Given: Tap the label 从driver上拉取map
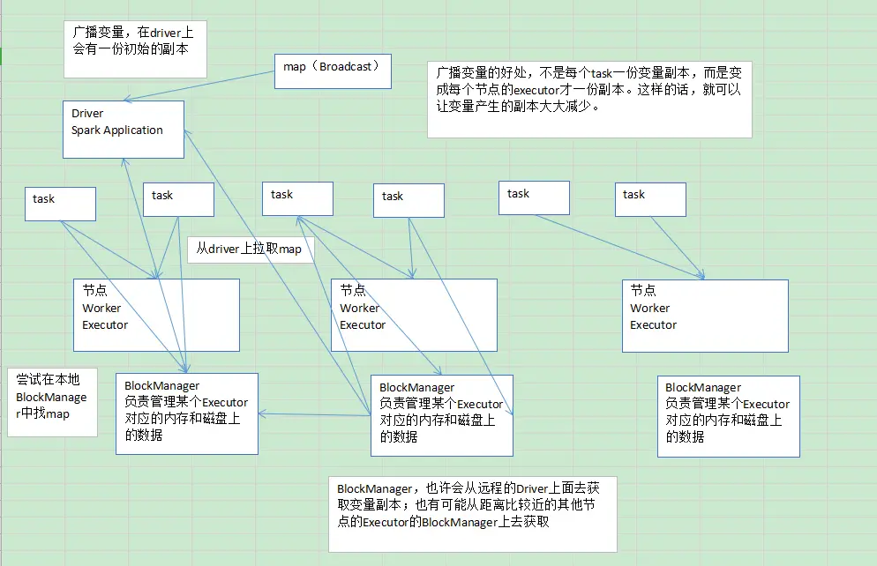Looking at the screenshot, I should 249,249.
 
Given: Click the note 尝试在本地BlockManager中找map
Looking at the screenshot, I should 52,401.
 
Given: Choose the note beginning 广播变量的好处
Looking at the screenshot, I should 588,99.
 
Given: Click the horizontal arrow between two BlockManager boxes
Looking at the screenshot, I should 314,415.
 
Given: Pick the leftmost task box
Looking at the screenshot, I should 59,203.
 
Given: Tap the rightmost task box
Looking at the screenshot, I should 649,198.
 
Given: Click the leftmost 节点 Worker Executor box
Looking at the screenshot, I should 156,315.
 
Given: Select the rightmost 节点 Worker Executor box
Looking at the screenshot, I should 704,315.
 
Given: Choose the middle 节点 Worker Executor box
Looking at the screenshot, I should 413,315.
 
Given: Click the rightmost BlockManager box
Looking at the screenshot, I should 728,415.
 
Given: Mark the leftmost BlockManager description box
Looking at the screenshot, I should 186,413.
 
